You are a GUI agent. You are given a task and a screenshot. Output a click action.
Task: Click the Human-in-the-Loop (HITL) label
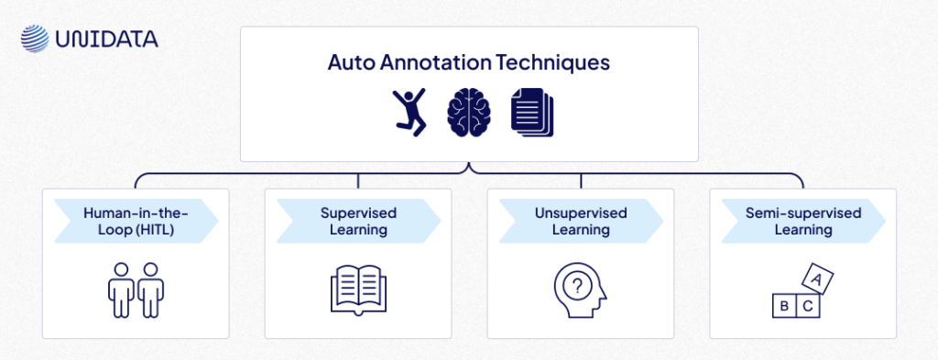[135, 222]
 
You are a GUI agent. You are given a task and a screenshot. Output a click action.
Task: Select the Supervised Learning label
[358, 222]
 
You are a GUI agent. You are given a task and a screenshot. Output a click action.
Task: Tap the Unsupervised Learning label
[581, 222]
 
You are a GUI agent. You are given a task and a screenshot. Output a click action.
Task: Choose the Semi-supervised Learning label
[803, 222]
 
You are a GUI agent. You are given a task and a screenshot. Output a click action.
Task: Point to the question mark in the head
[577, 285]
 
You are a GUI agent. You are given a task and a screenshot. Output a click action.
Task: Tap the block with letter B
[785, 307]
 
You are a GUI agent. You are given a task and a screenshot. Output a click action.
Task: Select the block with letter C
[808, 307]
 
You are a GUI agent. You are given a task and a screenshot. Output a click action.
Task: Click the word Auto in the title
[349, 63]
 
